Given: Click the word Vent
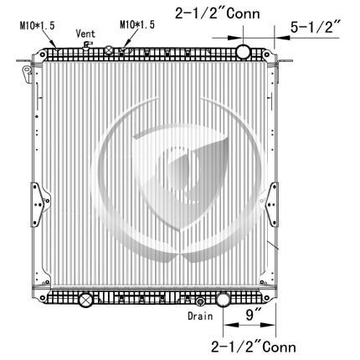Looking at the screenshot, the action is [x=85, y=33].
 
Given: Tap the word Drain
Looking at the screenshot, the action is [x=200, y=316].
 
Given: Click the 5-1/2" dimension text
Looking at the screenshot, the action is [x=316, y=27].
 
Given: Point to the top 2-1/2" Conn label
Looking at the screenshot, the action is [x=218, y=13].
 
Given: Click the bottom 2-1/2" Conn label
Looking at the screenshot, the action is [x=254, y=347].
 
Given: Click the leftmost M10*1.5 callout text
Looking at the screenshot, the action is [x=37, y=26].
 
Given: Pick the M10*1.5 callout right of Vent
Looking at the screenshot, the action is [x=137, y=24].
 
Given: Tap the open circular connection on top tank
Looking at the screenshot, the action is [x=244, y=51].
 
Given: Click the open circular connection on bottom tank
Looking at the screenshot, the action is [x=223, y=300].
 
